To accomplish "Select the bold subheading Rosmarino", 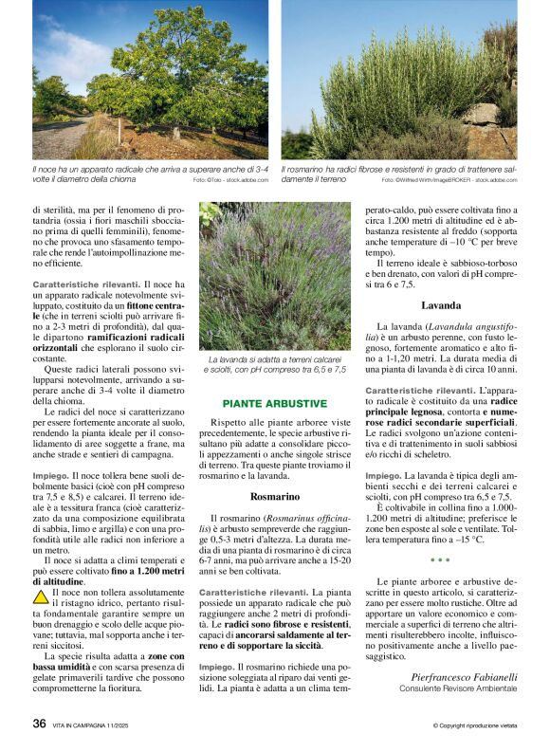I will (275, 496).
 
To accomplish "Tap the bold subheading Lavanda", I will (441, 305).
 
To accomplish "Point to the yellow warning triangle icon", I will (41, 597).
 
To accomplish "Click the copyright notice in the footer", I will (475, 725).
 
